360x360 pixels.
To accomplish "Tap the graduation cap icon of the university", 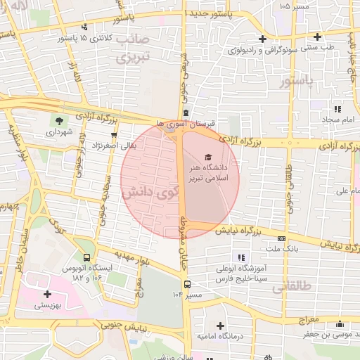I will click(x=207, y=157).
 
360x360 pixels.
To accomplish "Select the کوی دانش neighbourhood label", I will click(x=146, y=191).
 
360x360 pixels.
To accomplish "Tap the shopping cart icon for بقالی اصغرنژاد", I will click(x=113, y=134).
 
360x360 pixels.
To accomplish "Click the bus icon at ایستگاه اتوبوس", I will click(x=86, y=259).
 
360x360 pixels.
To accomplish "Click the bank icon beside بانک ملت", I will click(x=282, y=238).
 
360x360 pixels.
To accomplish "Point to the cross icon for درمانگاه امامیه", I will click(x=221, y=326).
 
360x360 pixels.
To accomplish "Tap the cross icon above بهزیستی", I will click(x=47, y=294).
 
